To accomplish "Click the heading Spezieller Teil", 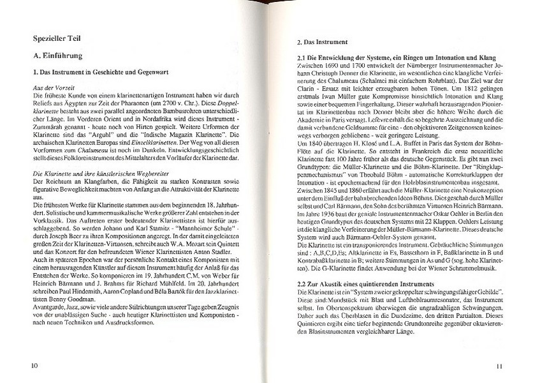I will (x=59, y=39).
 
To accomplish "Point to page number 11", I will (x=500, y=365).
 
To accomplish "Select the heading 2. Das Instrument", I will (x=322, y=43).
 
